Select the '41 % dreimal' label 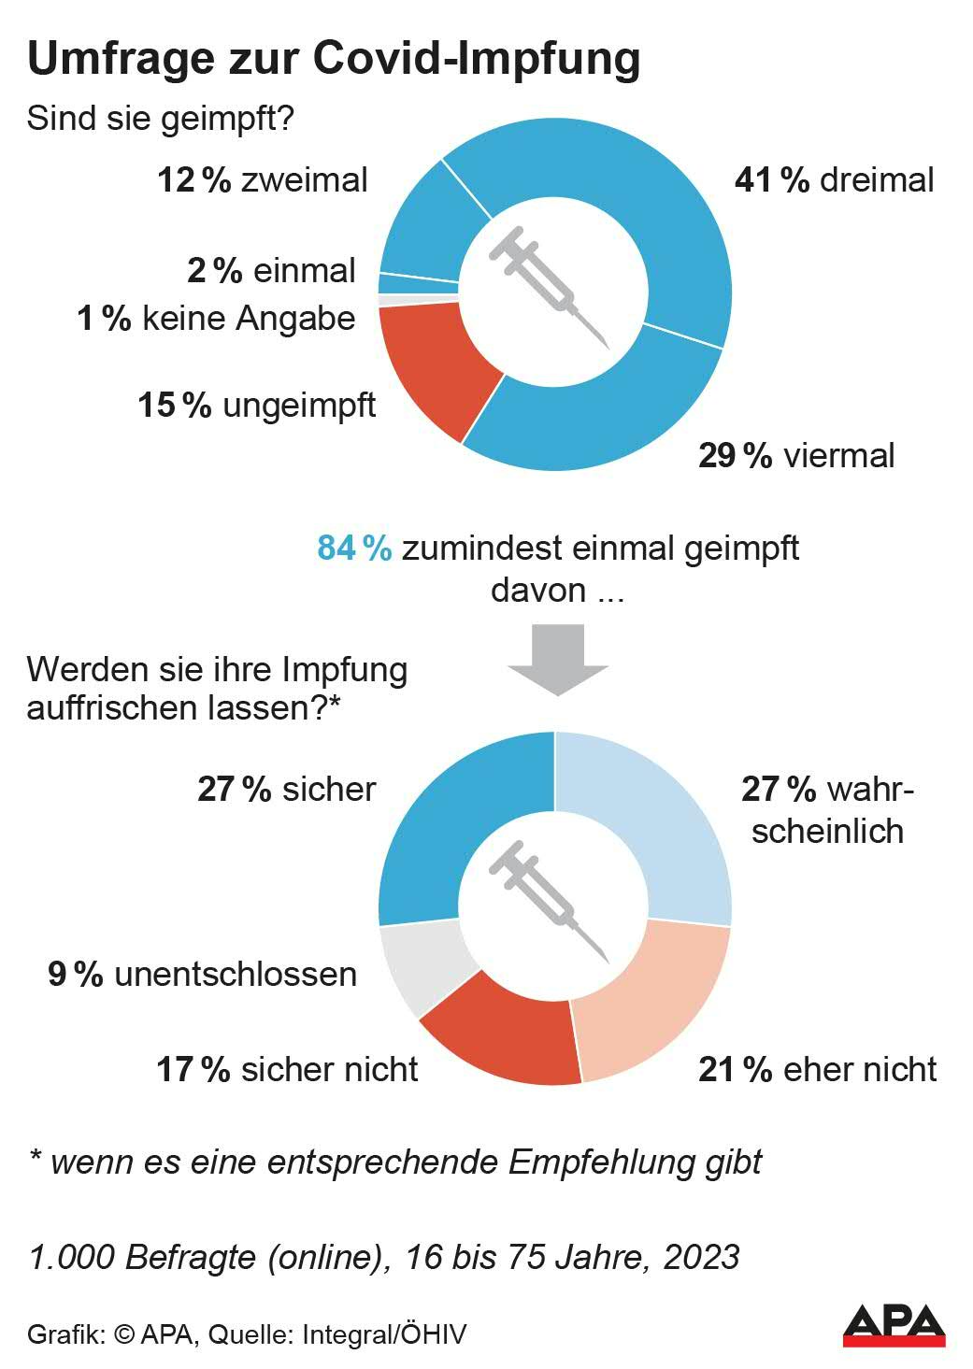834,179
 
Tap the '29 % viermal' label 796,455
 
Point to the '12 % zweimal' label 263,179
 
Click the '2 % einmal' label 271,270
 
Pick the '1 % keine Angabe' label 216,319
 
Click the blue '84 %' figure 353,548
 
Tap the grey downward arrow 558,659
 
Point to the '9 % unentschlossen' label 203,974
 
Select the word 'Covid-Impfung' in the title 477,58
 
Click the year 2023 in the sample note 701,1257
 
